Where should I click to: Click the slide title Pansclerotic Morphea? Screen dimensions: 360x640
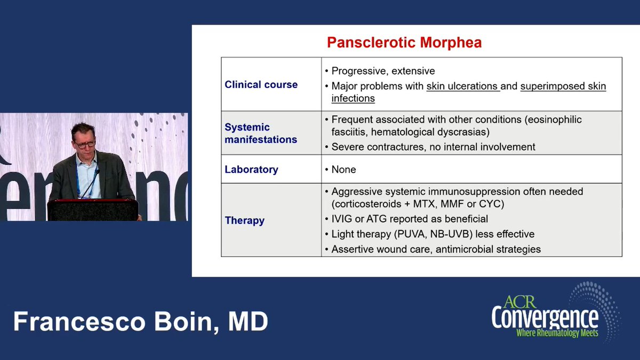tap(404, 43)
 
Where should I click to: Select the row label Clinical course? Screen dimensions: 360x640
tap(261, 85)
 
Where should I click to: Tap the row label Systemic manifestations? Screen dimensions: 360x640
tap(261, 133)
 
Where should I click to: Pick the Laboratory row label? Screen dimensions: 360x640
tap(251, 170)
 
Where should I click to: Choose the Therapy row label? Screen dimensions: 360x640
tap(244, 220)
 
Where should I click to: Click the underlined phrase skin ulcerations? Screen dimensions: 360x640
tap(462, 86)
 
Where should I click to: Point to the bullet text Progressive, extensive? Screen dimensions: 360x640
tap(383, 71)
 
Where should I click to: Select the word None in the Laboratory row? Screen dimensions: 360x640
tap(343, 170)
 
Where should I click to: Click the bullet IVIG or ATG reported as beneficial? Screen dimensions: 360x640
tap(409, 219)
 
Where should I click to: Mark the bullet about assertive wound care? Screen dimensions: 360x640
tap(436, 249)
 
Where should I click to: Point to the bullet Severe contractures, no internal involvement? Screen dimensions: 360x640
tap(433, 147)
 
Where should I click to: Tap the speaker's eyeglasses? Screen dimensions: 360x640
tap(85, 144)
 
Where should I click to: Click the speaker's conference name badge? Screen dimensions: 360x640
tap(79, 183)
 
